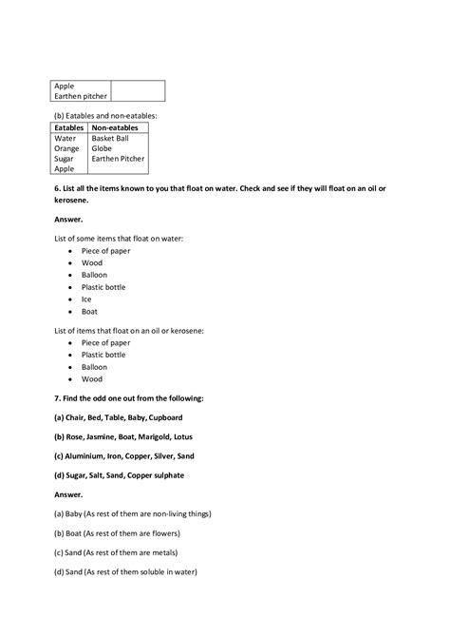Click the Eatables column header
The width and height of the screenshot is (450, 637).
69,127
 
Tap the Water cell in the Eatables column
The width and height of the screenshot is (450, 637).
65,138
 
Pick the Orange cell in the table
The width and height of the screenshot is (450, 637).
66,148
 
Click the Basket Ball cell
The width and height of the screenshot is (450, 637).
110,138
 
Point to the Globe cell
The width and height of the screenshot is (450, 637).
102,148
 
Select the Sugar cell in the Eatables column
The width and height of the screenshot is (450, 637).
65,159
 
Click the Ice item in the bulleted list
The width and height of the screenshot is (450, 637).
86,299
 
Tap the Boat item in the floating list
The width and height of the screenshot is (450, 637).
89,311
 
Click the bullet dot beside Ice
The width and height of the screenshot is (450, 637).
71,299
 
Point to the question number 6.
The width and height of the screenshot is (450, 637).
56,189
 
